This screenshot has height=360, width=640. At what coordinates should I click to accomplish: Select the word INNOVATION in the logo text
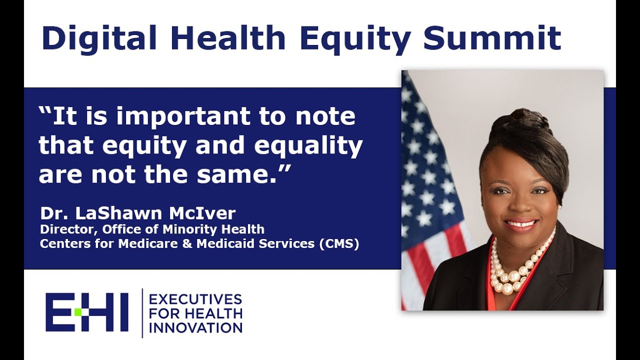(x=196, y=328)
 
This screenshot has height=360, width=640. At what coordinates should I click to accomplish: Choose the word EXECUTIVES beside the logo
(x=196, y=299)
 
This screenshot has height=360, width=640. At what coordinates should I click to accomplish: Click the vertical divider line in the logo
(x=142, y=313)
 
